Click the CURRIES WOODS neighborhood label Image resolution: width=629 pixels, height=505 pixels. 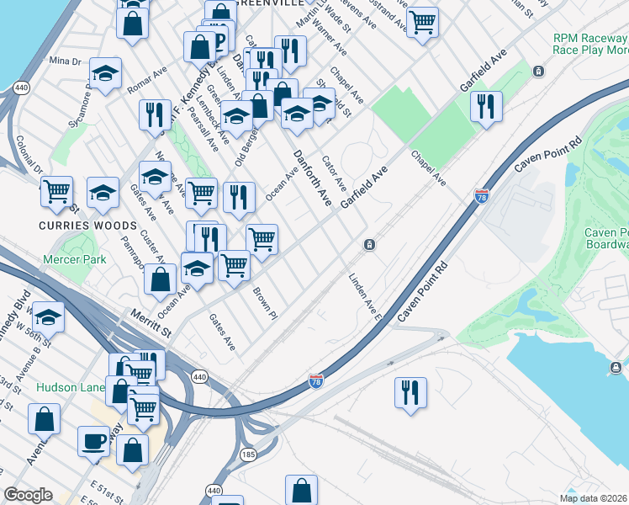[87, 226]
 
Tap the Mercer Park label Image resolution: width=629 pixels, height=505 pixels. [75, 260]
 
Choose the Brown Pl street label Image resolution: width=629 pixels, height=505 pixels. [265, 303]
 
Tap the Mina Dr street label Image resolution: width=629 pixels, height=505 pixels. [65, 61]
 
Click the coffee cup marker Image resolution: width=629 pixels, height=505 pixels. [93, 440]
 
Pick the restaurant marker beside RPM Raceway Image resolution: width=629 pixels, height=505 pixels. [486, 106]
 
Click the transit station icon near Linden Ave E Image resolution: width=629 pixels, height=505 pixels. [369, 245]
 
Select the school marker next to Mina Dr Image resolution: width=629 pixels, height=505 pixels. [105, 73]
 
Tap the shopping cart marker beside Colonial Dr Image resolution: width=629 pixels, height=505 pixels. [56, 190]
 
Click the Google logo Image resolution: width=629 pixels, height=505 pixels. [28, 495]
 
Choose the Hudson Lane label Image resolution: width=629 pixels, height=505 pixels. [69, 387]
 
